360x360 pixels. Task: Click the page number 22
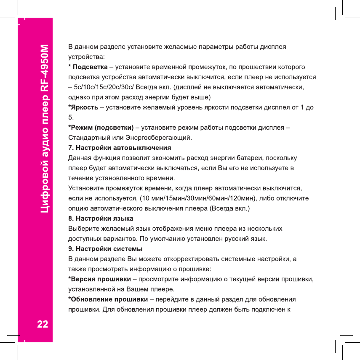click(x=42, y=325)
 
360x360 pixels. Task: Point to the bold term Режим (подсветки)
click(x=101, y=128)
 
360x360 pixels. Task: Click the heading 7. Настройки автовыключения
click(x=120, y=148)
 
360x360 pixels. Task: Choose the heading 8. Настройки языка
click(x=101, y=219)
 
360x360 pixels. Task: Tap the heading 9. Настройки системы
click(x=105, y=249)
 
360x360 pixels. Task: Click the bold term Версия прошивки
click(x=100, y=279)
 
